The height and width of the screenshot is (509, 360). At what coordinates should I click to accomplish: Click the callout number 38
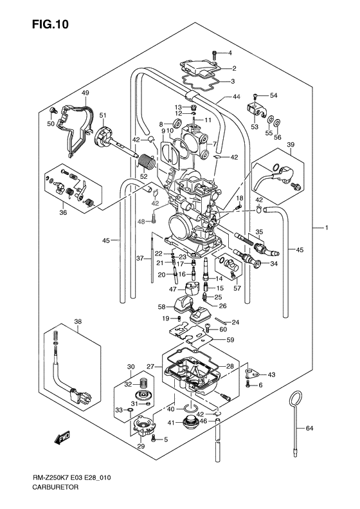[78, 322]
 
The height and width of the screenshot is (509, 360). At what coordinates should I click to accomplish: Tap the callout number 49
[85, 93]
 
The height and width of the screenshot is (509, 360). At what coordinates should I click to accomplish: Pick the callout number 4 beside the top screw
[230, 52]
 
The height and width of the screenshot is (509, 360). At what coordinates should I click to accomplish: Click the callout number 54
[273, 95]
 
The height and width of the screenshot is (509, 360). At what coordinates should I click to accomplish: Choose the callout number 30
[130, 367]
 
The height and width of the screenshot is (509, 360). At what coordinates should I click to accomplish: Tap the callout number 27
[152, 366]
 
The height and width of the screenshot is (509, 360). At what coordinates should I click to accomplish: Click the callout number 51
[102, 115]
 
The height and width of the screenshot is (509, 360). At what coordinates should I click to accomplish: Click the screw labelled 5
[154, 438]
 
